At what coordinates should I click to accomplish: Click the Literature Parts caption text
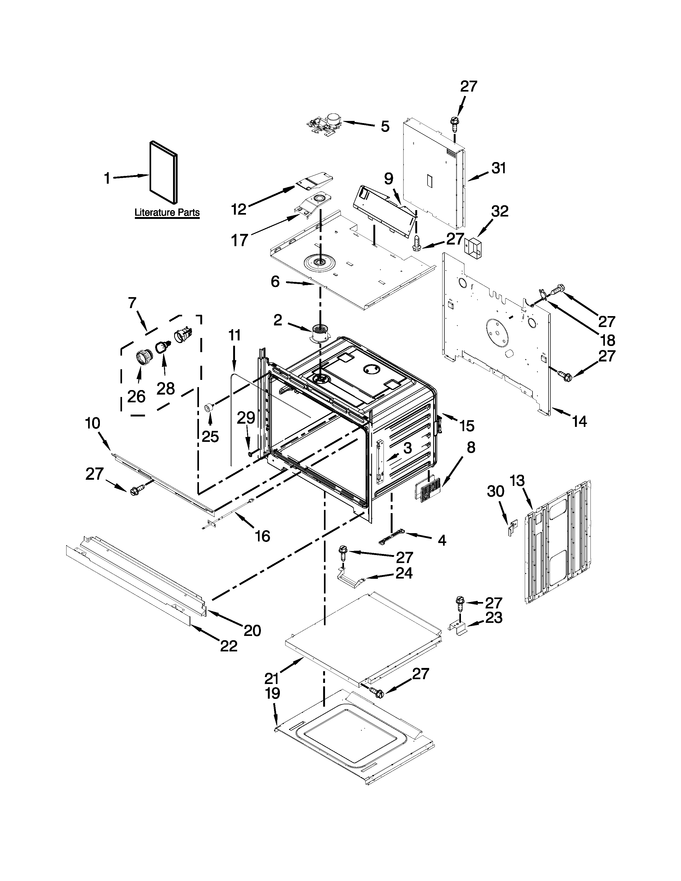click(x=167, y=212)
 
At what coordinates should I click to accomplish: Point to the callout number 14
click(x=579, y=422)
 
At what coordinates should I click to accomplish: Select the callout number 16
click(x=263, y=536)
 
